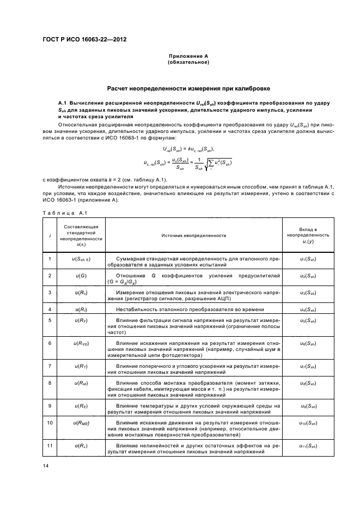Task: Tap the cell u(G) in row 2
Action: [x=81, y=276]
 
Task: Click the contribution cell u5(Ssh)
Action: [x=308, y=320]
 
